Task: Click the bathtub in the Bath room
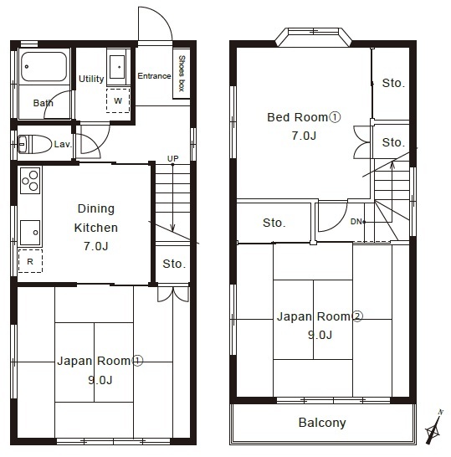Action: tap(44, 67)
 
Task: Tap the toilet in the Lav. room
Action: tap(34, 144)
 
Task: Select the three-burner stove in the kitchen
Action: tap(30, 181)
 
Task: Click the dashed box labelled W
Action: tap(118, 100)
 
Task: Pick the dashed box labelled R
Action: tap(30, 261)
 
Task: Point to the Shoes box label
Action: tap(182, 74)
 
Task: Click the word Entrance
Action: tap(154, 76)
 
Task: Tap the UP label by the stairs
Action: tap(172, 158)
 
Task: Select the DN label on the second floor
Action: tap(356, 222)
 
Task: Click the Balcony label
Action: tap(322, 423)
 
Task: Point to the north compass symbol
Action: tap(433, 428)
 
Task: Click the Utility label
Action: tap(91, 79)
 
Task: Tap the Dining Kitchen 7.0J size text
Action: tap(96, 246)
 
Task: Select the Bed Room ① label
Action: tap(304, 117)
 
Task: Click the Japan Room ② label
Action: tap(320, 316)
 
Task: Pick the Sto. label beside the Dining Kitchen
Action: tap(174, 264)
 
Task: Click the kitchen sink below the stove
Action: tap(30, 233)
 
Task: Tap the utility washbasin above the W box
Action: tap(117, 67)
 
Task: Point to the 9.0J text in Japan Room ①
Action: tap(100, 380)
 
